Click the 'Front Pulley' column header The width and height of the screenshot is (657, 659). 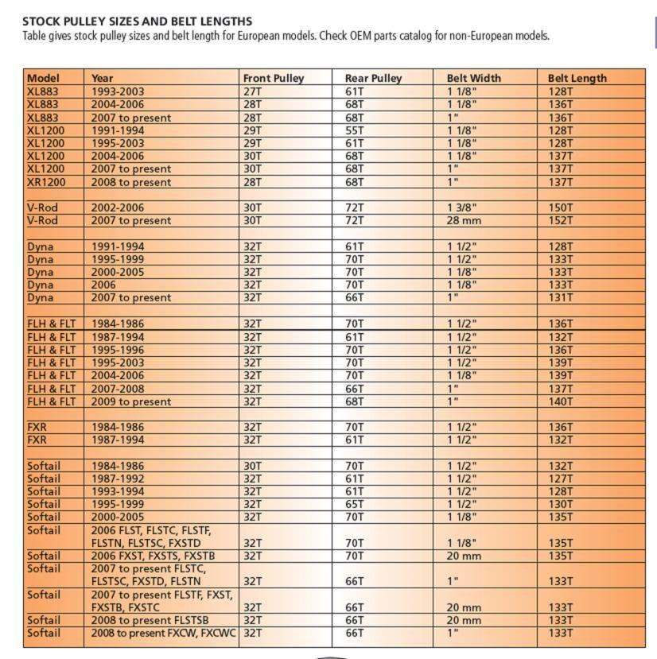[x=274, y=78]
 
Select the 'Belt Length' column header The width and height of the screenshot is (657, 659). [x=577, y=78]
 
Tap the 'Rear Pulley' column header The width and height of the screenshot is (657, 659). [x=373, y=78]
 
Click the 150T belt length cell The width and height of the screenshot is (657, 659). [x=560, y=207]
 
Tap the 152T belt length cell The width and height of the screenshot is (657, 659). [x=560, y=220]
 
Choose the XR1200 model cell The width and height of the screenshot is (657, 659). [x=46, y=182]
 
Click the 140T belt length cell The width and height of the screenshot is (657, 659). [x=560, y=401]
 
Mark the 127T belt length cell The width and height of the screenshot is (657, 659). [x=560, y=479]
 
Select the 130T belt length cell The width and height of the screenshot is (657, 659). [x=560, y=504]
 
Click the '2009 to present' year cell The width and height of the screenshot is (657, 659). [x=131, y=401]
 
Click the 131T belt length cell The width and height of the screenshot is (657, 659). [x=560, y=297]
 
